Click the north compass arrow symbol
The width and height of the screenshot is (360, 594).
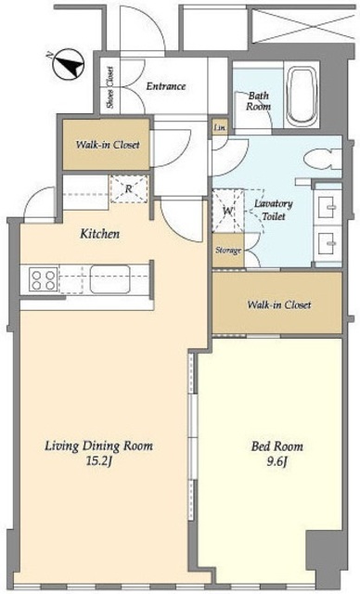pos(68,64)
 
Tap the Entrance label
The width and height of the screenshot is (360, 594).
pos(166,86)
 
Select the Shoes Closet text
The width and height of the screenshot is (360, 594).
pos(110,87)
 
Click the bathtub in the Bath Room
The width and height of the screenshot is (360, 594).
pos(302,97)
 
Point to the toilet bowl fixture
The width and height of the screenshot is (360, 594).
pos(322,160)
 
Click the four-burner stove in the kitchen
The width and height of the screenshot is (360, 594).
pos(44,280)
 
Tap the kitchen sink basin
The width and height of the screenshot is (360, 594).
pos(109,279)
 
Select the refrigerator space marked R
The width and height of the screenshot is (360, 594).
pos(129,188)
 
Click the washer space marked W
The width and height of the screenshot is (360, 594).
pos(228,211)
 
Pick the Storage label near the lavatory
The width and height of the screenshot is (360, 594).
pos(228,251)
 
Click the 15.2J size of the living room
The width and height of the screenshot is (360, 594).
pos(98,462)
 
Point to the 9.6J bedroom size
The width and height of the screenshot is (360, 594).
pos(277,462)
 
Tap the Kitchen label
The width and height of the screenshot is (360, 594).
pos(99,234)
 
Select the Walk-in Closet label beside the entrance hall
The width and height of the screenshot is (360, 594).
pos(108,145)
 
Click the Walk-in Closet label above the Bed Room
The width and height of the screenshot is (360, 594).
pos(279,304)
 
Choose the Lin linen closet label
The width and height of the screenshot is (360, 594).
pos(220,128)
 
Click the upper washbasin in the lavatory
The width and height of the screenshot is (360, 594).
pos(328,208)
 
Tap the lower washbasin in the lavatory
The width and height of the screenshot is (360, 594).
pos(328,242)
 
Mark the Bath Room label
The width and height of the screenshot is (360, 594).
pos(258,101)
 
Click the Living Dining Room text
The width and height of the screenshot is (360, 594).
pos(98,445)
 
